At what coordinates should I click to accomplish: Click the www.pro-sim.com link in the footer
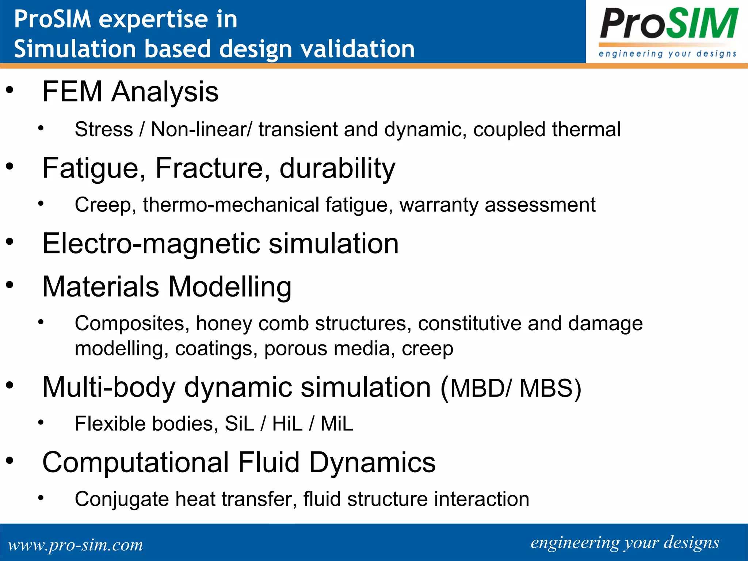tap(75, 545)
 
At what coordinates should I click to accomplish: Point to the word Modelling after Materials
tap(230, 287)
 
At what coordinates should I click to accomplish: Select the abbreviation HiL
tap(287, 424)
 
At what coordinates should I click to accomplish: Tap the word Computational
tap(136, 462)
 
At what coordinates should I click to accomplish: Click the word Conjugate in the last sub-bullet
tap(122, 499)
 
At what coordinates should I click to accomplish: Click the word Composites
tap(132, 324)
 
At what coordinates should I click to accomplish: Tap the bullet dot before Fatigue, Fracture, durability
tap(10, 167)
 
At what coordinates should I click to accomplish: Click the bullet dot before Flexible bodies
tap(41, 423)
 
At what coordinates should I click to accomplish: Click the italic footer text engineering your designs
tap(625, 543)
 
